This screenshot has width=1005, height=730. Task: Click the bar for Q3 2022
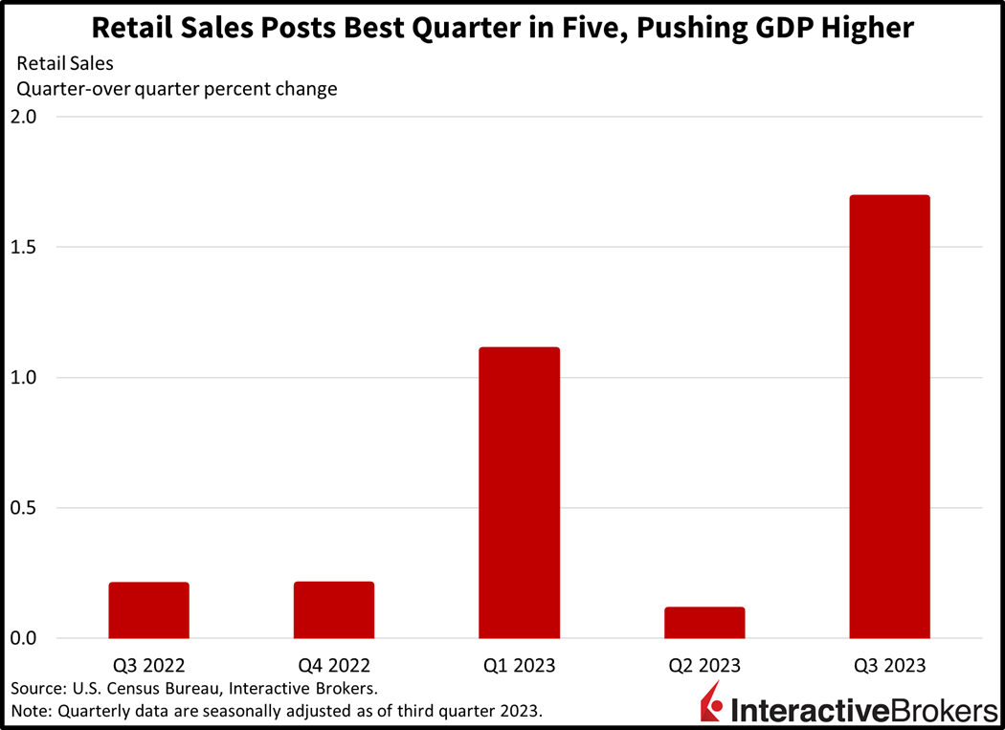pos(148,609)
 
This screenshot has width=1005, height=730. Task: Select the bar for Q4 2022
pos(334,609)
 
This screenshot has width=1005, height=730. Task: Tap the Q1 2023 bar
pos(519,493)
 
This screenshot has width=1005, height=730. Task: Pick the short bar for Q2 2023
pos(704,622)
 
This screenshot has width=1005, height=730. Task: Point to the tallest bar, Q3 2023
pos(889,416)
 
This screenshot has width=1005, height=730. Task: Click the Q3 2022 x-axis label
pos(148,665)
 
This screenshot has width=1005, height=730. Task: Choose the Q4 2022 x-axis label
pos(334,665)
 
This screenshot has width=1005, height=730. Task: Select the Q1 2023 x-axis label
pos(519,665)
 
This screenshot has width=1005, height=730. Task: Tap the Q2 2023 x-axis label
pos(704,665)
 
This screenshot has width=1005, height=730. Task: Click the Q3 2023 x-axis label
pos(889,665)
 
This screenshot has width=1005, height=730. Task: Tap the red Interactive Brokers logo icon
pos(712,704)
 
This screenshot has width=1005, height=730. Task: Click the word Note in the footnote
pos(30,711)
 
